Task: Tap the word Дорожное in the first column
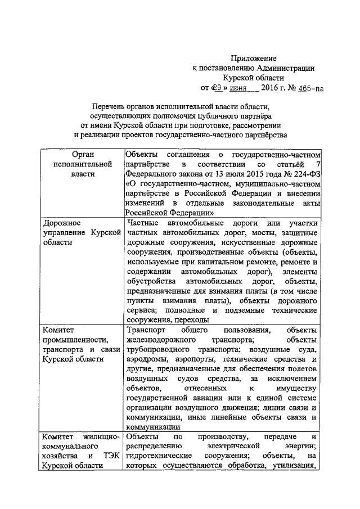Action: tap(62, 224)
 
